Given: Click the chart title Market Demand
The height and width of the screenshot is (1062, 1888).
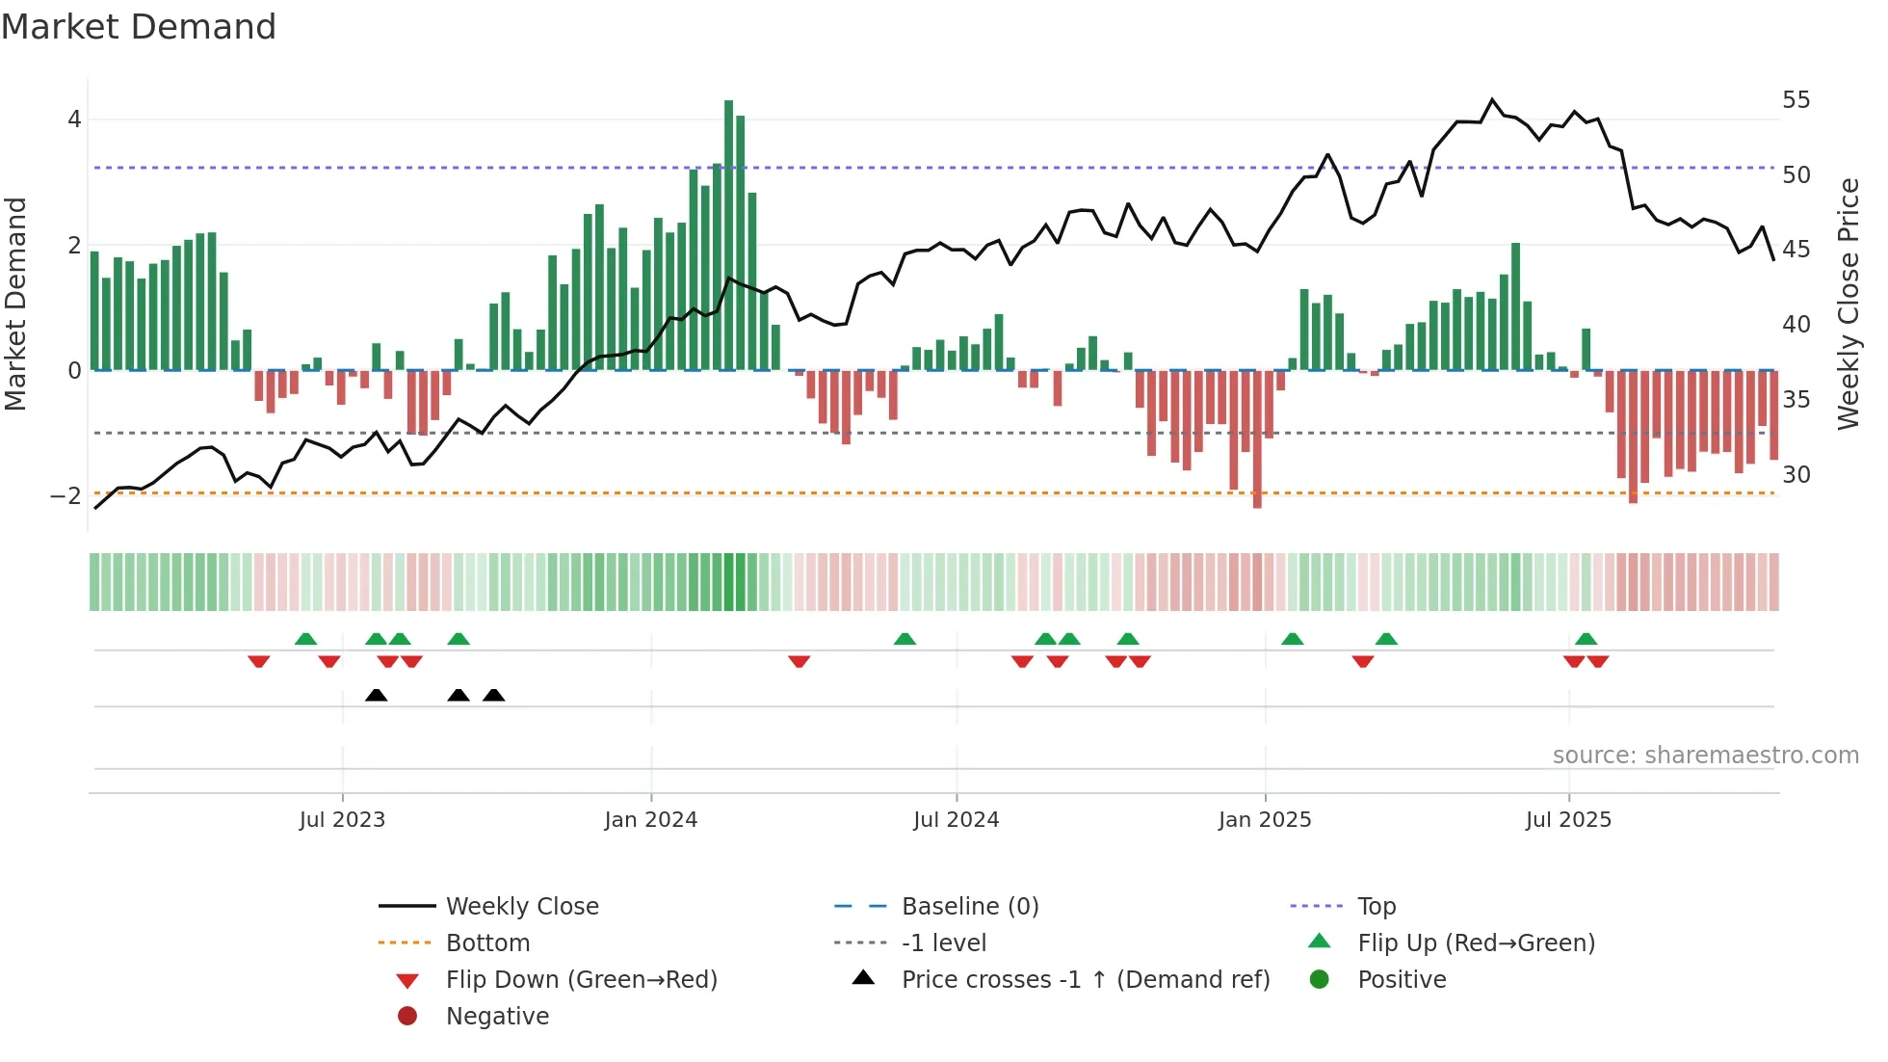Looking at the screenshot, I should (139, 27).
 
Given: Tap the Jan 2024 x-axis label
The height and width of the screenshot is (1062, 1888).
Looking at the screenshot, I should (650, 820).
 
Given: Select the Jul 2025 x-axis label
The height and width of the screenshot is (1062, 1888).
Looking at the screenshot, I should (1568, 820).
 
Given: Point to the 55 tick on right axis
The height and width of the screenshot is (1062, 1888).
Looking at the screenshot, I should (1796, 100).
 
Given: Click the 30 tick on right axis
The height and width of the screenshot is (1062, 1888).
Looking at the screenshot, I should (1796, 474).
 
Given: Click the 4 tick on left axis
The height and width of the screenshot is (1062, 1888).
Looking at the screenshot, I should (74, 119).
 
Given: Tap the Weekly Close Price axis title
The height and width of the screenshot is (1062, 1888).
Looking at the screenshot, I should (1849, 304).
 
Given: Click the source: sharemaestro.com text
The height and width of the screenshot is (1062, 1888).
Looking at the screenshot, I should (1705, 756).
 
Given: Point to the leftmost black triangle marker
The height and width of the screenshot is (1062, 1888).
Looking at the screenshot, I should (377, 695).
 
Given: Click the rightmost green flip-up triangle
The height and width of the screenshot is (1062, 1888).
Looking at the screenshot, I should (1586, 639).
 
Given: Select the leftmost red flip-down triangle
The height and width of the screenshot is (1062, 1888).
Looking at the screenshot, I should (258, 661).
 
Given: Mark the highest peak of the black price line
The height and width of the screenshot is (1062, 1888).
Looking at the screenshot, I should (1492, 100).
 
